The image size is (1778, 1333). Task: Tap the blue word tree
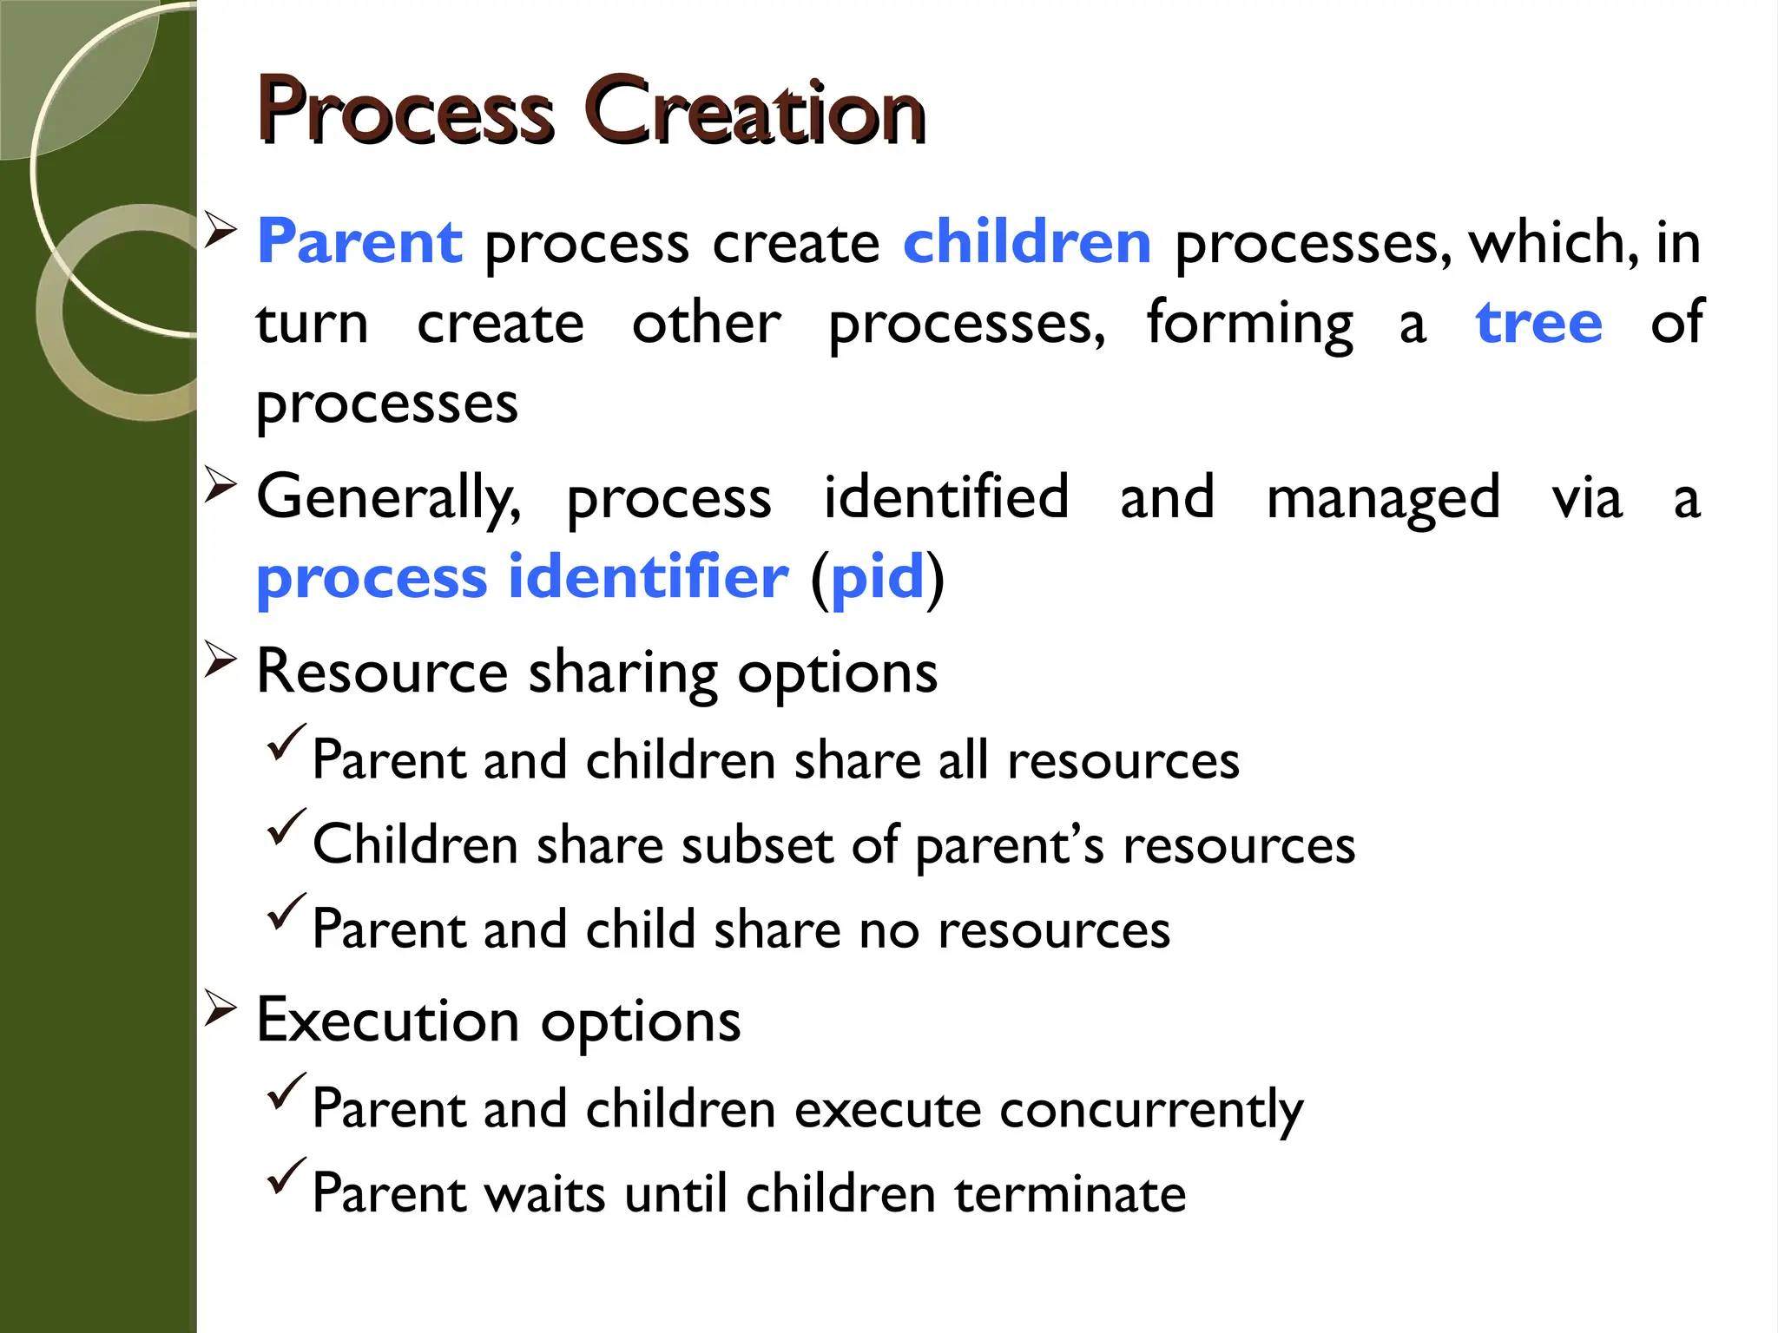[x=1538, y=323]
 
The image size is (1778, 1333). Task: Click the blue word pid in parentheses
[x=877, y=577]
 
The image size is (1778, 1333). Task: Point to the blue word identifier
[x=648, y=577]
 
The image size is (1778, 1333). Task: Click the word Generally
[x=388, y=497]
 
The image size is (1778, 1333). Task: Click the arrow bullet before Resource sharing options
[x=221, y=660]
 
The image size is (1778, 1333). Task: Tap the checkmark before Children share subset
[x=286, y=828]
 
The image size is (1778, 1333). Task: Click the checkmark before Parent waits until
[x=286, y=1177]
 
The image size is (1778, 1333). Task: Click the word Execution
[x=387, y=1021]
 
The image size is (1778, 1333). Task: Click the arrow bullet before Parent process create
[x=221, y=231]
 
